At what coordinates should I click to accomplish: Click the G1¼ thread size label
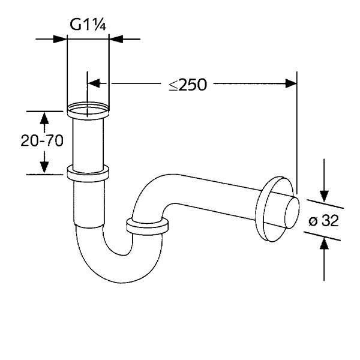[88, 25]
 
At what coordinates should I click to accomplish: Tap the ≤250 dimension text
[188, 85]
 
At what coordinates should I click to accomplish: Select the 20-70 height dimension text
[42, 140]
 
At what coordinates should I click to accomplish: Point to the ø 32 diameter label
[324, 221]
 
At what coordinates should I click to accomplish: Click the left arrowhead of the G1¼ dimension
[59, 39]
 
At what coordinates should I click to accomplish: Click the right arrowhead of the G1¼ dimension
[116, 39]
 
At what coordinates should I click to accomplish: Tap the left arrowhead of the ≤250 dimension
[94, 83]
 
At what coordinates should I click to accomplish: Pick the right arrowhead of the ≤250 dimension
[291, 83]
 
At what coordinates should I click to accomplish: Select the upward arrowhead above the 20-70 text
[44, 118]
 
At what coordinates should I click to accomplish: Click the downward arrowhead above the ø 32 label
[324, 196]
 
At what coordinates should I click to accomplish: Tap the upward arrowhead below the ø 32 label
[324, 244]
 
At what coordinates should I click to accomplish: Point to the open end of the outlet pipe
[292, 213]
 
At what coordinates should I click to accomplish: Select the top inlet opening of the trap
[88, 109]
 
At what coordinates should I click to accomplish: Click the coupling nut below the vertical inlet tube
[88, 173]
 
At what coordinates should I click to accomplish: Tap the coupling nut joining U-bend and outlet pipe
[148, 226]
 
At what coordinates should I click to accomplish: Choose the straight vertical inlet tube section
[88, 145]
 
